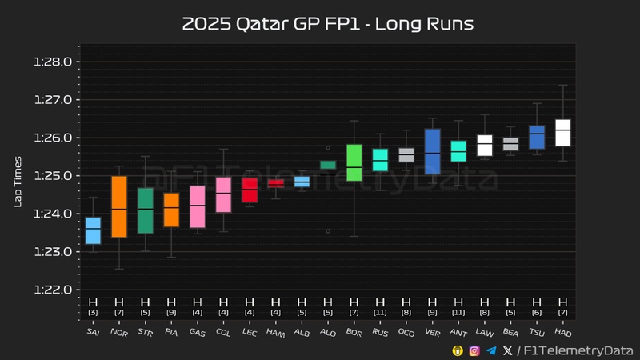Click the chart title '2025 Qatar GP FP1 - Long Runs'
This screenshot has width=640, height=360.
click(x=328, y=24)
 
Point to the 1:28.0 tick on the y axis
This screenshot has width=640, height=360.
click(x=54, y=62)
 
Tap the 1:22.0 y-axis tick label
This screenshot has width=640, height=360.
click(x=54, y=290)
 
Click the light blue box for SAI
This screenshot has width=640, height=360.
click(x=93, y=230)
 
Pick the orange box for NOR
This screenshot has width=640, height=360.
click(x=118, y=206)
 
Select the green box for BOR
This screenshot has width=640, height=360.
click(x=354, y=162)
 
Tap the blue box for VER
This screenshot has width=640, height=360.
click(x=432, y=151)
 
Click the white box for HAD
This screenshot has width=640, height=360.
click(x=563, y=132)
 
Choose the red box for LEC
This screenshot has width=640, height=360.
click(x=250, y=190)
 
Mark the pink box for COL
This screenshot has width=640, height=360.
click(x=224, y=194)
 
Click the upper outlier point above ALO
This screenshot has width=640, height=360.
click(x=328, y=147)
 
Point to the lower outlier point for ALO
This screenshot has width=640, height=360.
click(x=328, y=230)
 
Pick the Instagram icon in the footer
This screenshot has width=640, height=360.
click(x=474, y=350)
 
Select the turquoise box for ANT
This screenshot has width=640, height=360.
click(x=458, y=151)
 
